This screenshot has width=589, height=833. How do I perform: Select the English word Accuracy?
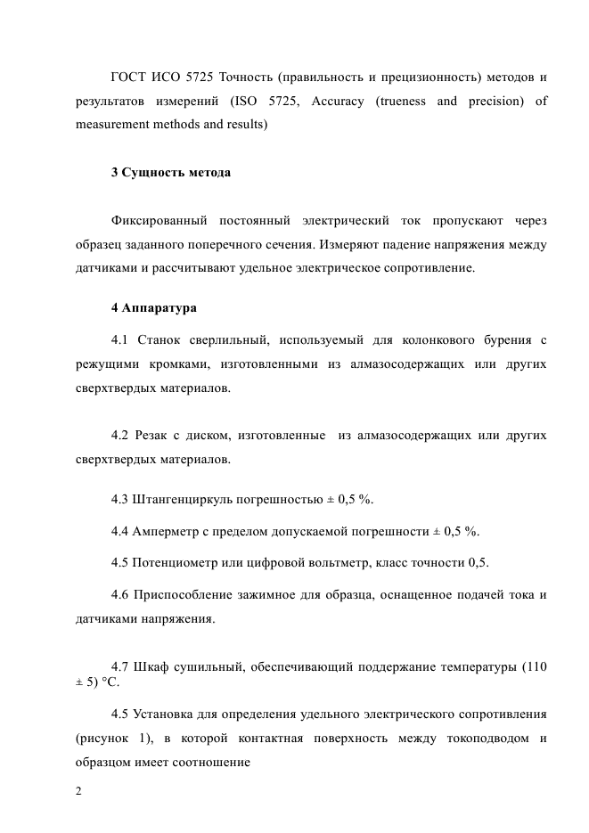click(337, 101)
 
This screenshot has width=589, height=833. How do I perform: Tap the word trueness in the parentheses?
click(404, 101)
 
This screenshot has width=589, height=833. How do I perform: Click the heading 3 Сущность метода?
click(171, 172)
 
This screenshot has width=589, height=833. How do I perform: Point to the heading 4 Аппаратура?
click(153, 308)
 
